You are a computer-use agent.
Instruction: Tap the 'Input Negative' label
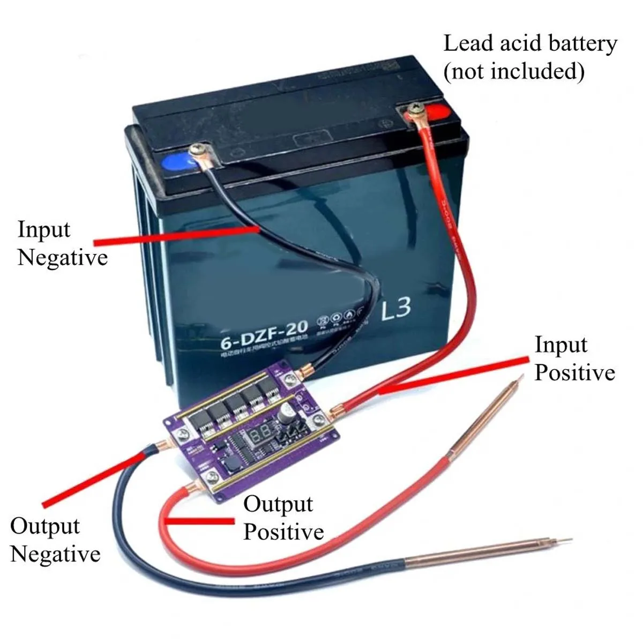click(62, 243)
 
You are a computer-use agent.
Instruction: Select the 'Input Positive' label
click(574, 358)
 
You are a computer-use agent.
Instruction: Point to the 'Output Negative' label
click(55, 540)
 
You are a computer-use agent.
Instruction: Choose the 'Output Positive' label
click(283, 518)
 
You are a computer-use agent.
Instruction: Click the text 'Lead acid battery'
click(530, 43)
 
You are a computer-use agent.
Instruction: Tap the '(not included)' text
click(513, 71)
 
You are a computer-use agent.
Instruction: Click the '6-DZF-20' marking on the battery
click(264, 332)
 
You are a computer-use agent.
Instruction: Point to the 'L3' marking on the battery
click(396, 309)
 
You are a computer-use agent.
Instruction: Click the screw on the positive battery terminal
click(414, 112)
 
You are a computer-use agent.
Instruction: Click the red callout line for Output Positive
click(201, 521)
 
